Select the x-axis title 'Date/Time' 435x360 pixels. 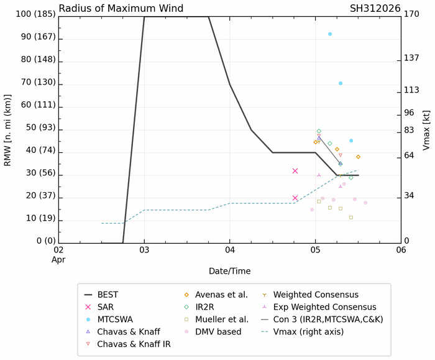point(229,271)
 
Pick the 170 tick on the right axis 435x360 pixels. point(411,14)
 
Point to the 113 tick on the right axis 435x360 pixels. point(411,90)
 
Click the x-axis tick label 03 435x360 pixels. point(144,250)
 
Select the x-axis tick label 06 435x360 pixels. point(401,250)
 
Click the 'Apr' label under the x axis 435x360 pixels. point(58,260)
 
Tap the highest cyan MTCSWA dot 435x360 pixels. point(330,34)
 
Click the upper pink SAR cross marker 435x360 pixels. point(295,171)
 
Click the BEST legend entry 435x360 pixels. point(111,295)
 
